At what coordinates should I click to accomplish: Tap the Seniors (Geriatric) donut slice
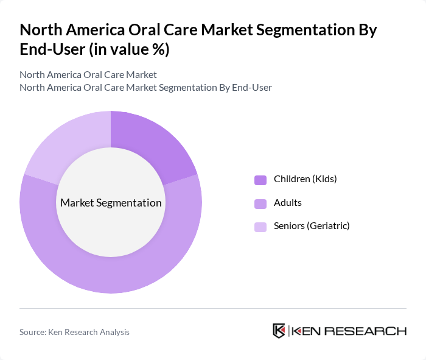(x=67, y=143)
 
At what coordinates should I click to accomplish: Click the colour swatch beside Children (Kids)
(x=260, y=180)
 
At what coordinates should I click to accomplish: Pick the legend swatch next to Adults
(x=260, y=203)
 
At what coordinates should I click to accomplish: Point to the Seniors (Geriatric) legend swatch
(x=260, y=227)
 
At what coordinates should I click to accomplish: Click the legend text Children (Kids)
(x=305, y=179)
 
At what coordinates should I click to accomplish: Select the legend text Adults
(x=288, y=203)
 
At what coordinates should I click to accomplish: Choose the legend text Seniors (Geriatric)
(x=312, y=226)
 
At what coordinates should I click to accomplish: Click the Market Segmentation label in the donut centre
(x=111, y=203)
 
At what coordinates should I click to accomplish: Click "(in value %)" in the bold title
(x=130, y=50)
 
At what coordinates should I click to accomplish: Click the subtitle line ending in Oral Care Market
(x=88, y=74)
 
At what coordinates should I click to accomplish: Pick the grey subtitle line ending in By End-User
(x=145, y=87)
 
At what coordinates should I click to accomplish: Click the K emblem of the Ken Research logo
(x=279, y=331)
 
